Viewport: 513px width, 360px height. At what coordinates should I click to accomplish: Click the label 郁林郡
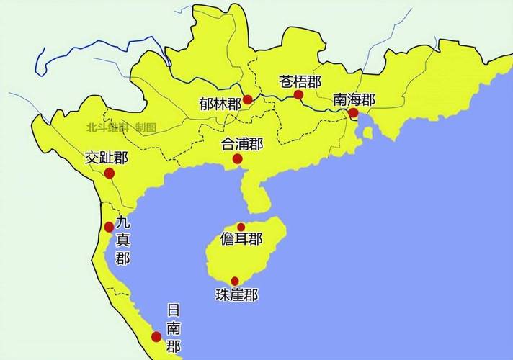[220, 104]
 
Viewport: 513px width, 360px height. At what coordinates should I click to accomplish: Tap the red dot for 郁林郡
[248, 99]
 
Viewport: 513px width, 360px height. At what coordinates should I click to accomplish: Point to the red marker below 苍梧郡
[298, 94]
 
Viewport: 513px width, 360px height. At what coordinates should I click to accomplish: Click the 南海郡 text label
[354, 99]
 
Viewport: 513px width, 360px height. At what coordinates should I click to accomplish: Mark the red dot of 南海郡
[353, 113]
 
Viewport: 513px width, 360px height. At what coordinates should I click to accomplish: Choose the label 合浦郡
[242, 143]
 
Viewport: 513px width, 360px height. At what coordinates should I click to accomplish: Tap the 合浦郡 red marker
[237, 159]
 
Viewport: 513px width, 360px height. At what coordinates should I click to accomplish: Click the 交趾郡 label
[106, 157]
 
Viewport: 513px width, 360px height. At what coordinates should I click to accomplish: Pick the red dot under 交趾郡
[110, 173]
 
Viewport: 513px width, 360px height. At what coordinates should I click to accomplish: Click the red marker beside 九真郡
[109, 227]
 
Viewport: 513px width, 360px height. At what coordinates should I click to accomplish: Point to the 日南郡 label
[174, 328]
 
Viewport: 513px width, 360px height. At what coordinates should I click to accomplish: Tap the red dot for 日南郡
[156, 336]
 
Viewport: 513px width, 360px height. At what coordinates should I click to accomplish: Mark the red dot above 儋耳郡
[241, 227]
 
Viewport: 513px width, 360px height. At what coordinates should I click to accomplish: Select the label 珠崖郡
[236, 294]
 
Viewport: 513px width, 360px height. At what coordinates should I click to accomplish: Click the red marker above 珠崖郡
[235, 281]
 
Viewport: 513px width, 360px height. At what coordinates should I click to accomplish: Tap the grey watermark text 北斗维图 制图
[121, 127]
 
